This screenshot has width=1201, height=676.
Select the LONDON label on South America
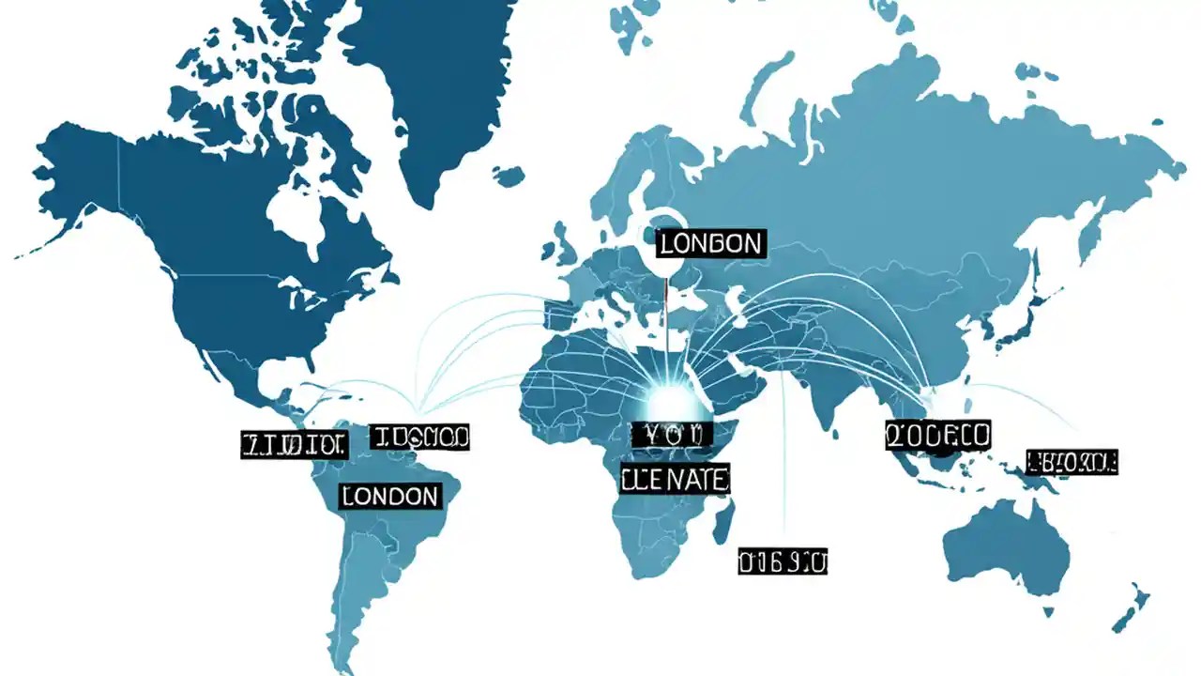(390, 496)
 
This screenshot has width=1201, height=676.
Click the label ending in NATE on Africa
(675, 480)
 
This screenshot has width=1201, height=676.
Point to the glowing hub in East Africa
(668, 399)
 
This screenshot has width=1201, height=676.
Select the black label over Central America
(294, 445)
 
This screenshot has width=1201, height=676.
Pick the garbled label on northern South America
(419, 437)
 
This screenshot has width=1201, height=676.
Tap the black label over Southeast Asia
(937, 435)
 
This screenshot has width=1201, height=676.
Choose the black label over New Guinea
(1072, 461)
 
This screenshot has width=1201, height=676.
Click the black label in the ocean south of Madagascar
(783, 561)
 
